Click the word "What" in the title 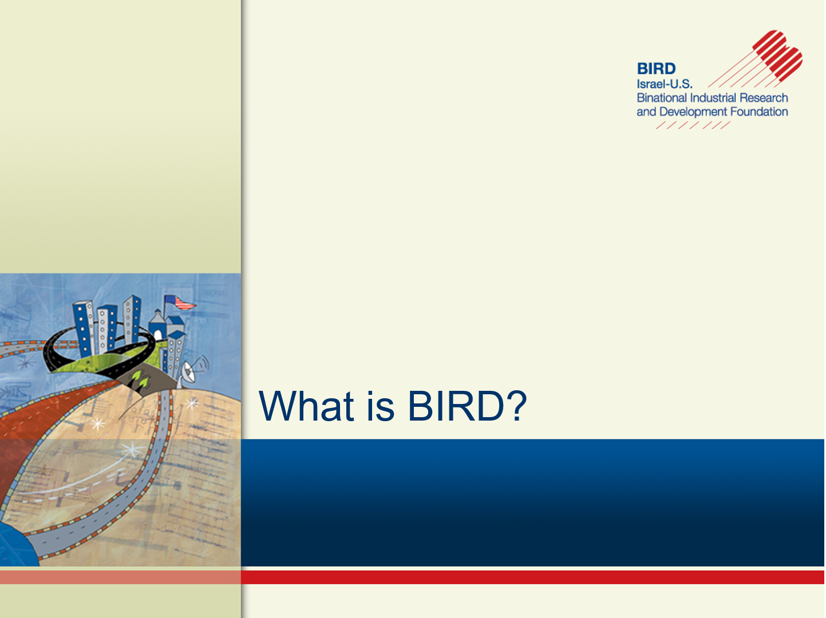pyautogui.click(x=306, y=406)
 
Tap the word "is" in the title pyautogui.click(x=381, y=406)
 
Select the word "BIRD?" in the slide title pyautogui.click(x=467, y=406)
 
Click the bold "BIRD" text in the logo pyautogui.click(x=657, y=69)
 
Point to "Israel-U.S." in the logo pyautogui.click(x=664, y=84)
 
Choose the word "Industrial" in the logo pyautogui.click(x=713, y=98)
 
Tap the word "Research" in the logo pyautogui.click(x=764, y=98)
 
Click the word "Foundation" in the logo pyautogui.click(x=759, y=112)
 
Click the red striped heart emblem pyautogui.click(x=777, y=55)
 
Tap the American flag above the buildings pyautogui.click(x=180, y=302)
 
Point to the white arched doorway pyautogui.click(x=157, y=335)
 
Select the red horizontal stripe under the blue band pyautogui.click(x=532, y=577)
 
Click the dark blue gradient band pyautogui.click(x=532, y=502)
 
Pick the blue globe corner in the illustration pyautogui.click(x=17, y=546)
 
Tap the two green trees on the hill pyautogui.click(x=140, y=379)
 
